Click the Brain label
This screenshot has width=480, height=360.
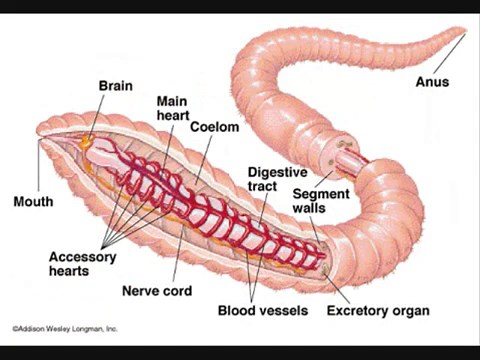pyautogui.click(x=115, y=87)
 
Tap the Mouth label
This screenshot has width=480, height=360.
pyautogui.click(x=33, y=202)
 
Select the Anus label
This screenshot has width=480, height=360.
pyautogui.click(x=432, y=82)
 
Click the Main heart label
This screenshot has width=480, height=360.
pyautogui.click(x=172, y=109)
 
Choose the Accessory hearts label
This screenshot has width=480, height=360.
pyautogui.click(x=82, y=263)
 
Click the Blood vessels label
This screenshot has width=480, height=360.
pyautogui.click(x=262, y=310)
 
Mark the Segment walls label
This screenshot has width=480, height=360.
pyautogui.click(x=313, y=200)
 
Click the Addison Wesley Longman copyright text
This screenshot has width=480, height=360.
pyautogui.click(x=65, y=327)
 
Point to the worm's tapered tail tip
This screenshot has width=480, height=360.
pyautogui.click(x=464, y=34)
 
